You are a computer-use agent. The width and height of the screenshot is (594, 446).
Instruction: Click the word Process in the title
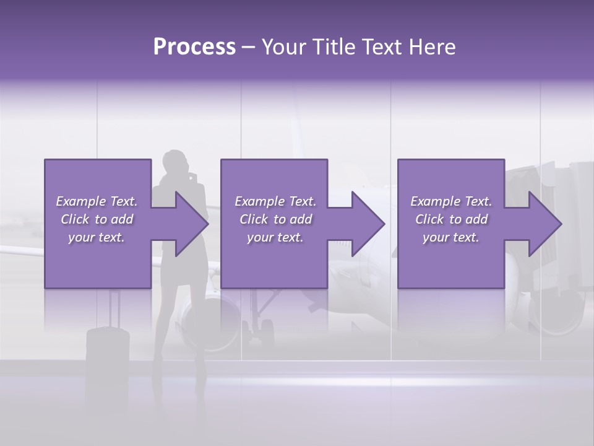pos(194,47)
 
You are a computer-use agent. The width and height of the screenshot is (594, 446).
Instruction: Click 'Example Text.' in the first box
pos(97,201)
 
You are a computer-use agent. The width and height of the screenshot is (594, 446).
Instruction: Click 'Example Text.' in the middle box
pos(275,201)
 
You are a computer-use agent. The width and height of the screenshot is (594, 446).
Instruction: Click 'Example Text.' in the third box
pos(451,201)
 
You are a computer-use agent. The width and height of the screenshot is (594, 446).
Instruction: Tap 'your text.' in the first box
pos(97,237)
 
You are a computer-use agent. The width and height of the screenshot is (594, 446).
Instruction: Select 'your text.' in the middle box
pos(275,237)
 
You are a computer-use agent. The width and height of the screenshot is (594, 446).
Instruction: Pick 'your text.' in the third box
pos(451,237)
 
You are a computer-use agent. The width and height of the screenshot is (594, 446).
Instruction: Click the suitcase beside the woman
pos(108,350)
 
